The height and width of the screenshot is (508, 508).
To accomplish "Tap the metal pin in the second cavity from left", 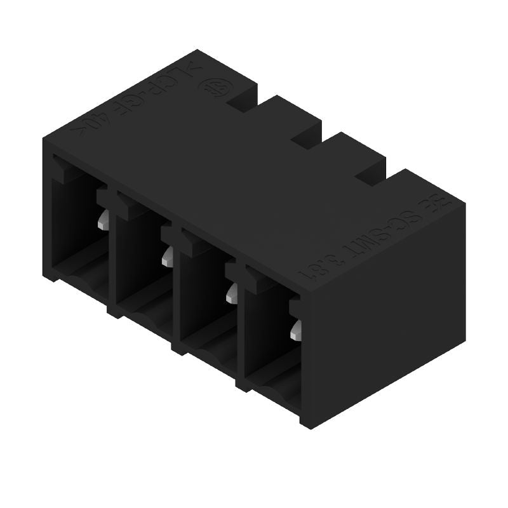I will click(x=168, y=255).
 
